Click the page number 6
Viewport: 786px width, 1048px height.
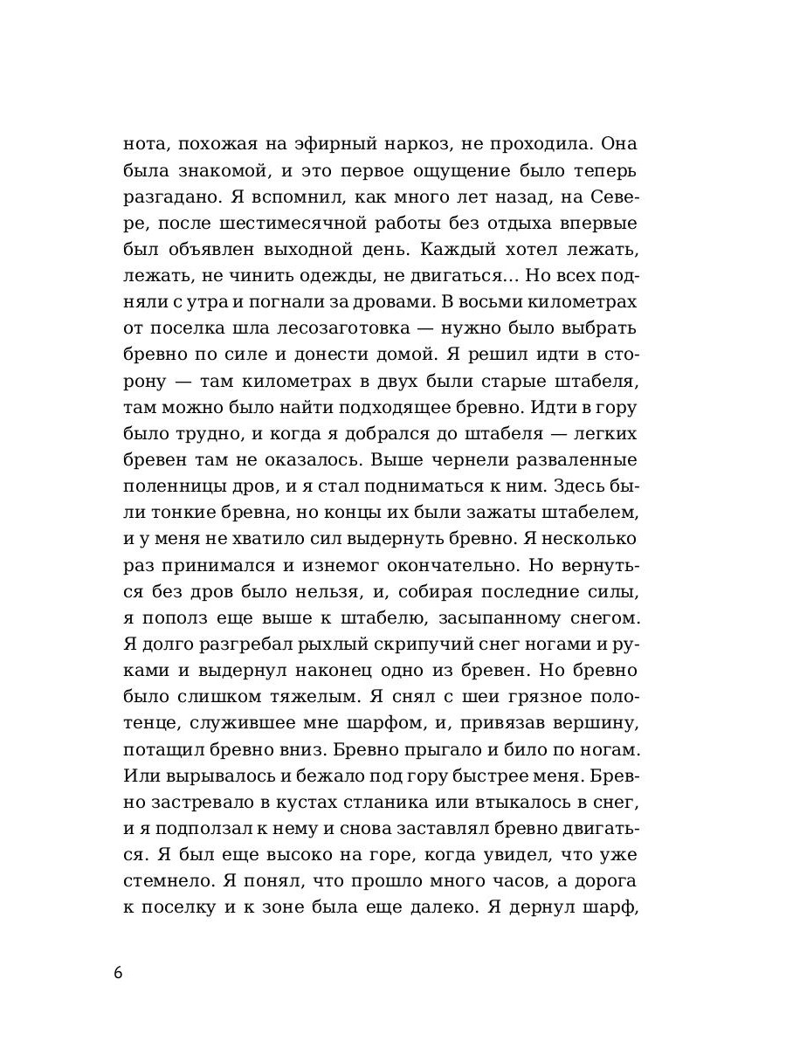click(x=118, y=973)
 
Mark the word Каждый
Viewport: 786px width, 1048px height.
click(x=458, y=248)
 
